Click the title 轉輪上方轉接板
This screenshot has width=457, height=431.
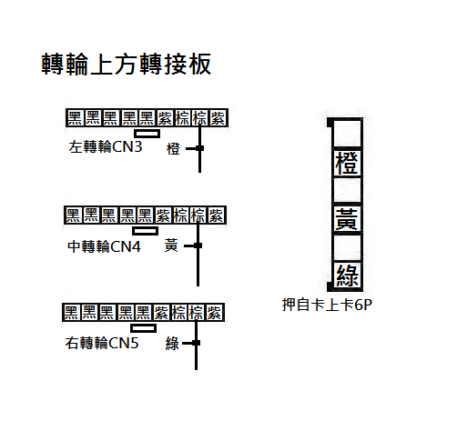point(126,64)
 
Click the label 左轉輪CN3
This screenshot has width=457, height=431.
point(106,147)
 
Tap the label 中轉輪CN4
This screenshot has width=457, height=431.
point(104,246)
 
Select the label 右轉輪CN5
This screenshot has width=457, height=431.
point(102,344)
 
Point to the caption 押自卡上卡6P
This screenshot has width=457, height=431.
point(327,305)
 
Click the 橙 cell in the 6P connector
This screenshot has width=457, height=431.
point(347,163)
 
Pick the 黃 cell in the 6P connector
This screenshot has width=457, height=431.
point(347,219)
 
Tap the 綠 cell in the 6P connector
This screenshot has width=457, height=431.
point(347,275)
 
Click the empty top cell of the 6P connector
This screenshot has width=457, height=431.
point(347,135)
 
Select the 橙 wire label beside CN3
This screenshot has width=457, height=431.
point(173,149)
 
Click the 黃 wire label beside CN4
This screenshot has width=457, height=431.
point(171,246)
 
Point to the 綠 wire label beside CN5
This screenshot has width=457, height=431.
point(172,344)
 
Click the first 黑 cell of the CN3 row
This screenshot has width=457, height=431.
point(75,118)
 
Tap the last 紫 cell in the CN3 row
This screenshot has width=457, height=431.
point(218,118)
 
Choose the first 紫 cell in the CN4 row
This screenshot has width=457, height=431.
point(163,215)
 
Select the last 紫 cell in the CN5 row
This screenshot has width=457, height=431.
point(215,313)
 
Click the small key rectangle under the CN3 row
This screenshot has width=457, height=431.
point(147,134)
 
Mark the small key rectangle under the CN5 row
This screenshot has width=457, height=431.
point(144,328)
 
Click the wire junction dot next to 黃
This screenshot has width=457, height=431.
point(198,246)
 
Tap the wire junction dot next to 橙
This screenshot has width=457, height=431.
point(199,148)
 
